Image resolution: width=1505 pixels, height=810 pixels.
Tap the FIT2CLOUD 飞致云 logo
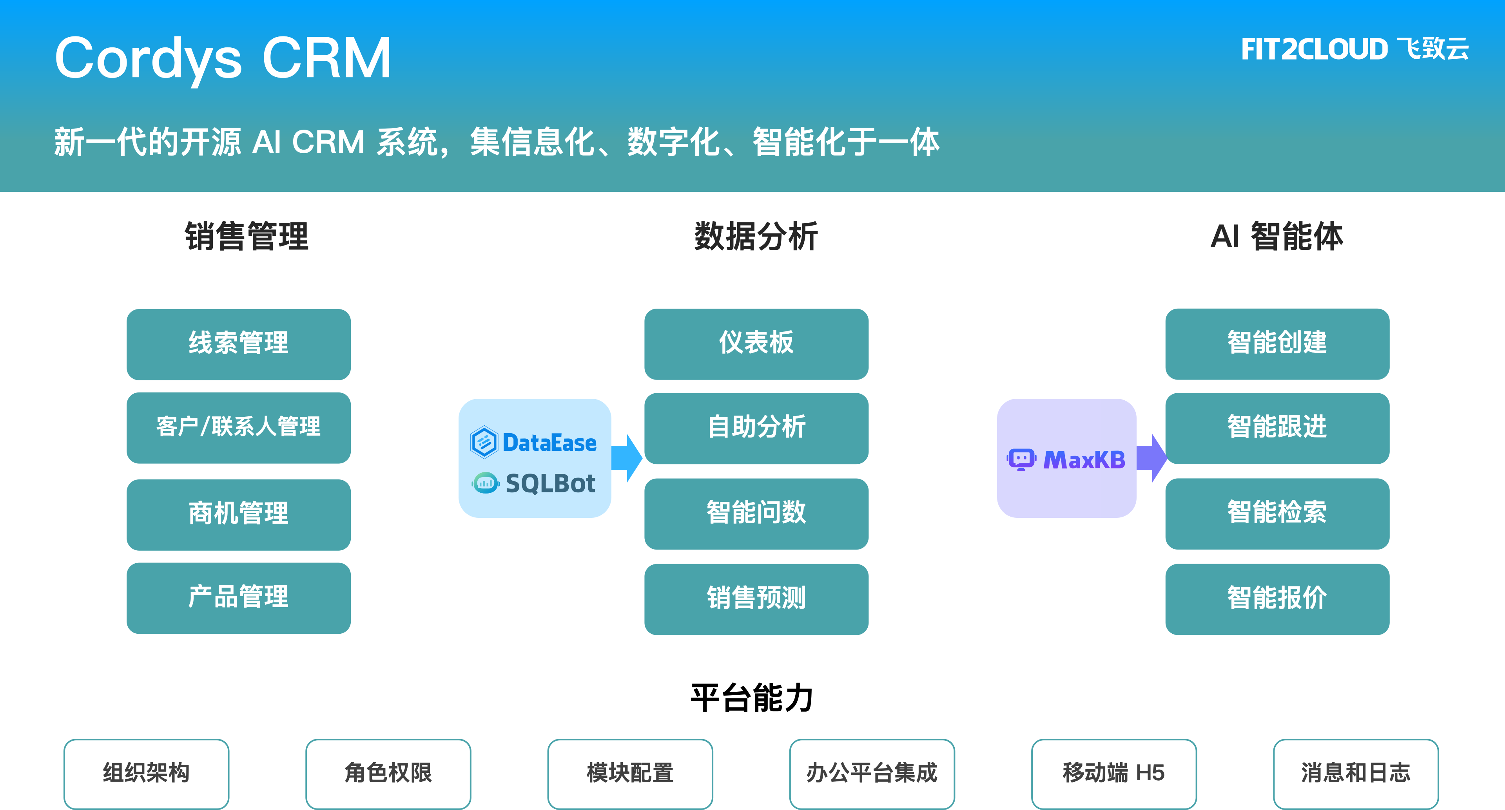point(1354,49)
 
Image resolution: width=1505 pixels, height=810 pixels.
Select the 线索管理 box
point(238,344)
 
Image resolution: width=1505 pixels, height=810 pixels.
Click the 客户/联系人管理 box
point(238,427)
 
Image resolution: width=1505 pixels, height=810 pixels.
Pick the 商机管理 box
point(238,514)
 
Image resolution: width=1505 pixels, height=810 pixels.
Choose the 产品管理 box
point(238,597)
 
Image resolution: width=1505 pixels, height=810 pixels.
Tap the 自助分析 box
point(756,427)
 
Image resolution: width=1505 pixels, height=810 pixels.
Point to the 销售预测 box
point(756,598)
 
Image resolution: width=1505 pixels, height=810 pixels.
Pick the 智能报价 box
point(1277,598)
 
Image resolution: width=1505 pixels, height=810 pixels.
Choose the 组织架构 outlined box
point(146,773)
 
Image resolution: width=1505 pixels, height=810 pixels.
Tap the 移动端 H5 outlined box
point(1113,773)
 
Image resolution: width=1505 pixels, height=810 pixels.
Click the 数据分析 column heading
point(756,237)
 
